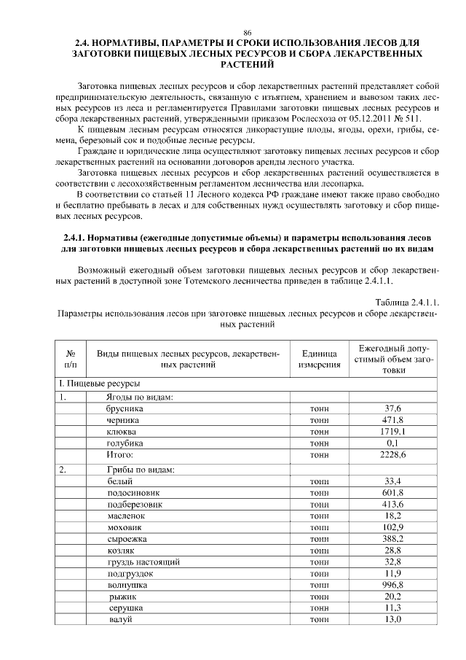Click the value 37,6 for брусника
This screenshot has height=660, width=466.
393,409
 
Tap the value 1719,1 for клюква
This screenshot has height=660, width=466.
393,432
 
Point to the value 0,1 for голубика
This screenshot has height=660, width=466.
393,443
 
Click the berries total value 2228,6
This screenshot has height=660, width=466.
393,454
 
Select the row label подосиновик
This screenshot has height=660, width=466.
133,493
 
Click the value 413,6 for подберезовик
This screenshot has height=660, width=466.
393,504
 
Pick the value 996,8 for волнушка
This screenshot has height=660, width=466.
393,585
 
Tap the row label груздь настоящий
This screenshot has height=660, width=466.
143,562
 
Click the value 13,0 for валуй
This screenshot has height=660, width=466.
393,619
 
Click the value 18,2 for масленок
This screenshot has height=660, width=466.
393,516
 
